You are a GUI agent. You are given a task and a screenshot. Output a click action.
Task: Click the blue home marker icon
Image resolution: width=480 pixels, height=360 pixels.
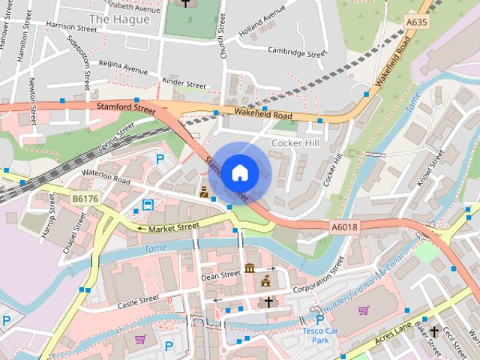coord(238,172)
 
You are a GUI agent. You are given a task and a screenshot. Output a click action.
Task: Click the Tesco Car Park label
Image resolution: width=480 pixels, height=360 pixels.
coord(320,335)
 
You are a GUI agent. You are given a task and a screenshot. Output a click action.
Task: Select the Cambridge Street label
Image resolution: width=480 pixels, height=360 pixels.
coord(297,53)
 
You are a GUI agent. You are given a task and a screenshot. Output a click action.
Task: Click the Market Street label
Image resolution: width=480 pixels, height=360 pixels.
coord(173,226)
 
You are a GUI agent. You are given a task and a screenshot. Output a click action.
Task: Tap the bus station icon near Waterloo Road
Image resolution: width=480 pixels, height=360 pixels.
coord(148,204)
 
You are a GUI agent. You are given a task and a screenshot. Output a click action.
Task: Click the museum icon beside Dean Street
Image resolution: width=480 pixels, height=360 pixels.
coord(250,268)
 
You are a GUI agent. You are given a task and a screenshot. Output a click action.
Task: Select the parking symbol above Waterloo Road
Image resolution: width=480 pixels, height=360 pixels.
coord(160,158)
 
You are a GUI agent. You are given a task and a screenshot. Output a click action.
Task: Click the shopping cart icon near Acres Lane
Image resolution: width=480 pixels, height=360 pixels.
coord(364,310)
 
